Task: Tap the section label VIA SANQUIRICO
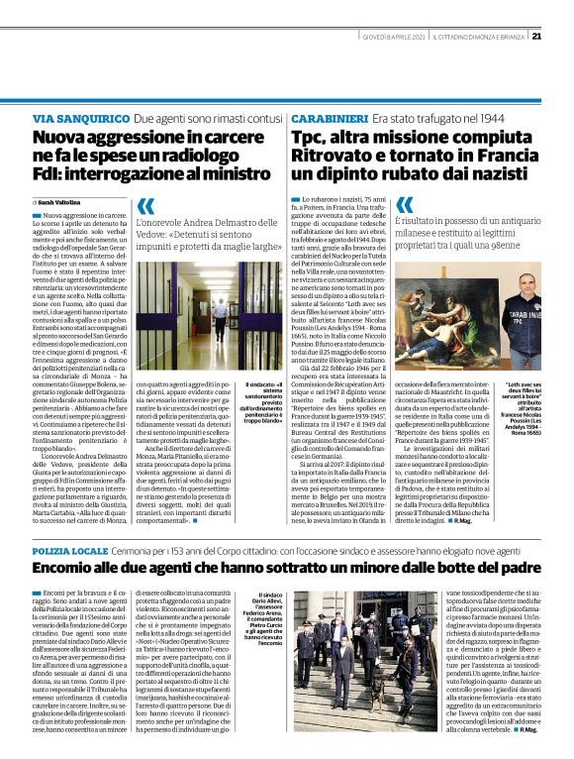pos(79,117)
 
